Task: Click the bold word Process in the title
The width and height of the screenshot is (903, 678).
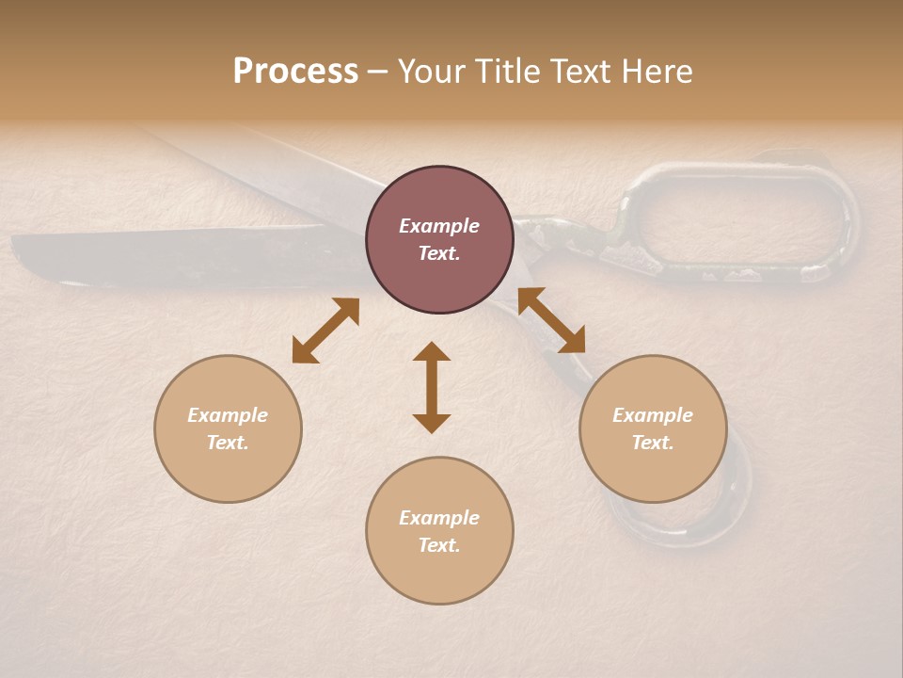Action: (x=295, y=72)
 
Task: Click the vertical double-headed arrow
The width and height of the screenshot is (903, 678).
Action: (x=432, y=387)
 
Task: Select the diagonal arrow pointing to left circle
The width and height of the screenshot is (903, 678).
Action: (x=325, y=331)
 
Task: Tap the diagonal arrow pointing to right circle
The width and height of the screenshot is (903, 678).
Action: (x=551, y=320)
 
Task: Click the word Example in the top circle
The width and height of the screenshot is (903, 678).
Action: (x=439, y=226)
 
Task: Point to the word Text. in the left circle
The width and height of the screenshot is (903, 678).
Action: (x=228, y=443)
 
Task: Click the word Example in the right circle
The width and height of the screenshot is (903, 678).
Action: (x=653, y=415)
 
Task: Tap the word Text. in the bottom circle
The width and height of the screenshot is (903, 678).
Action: (x=439, y=545)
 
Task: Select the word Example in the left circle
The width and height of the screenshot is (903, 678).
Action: (x=228, y=415)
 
